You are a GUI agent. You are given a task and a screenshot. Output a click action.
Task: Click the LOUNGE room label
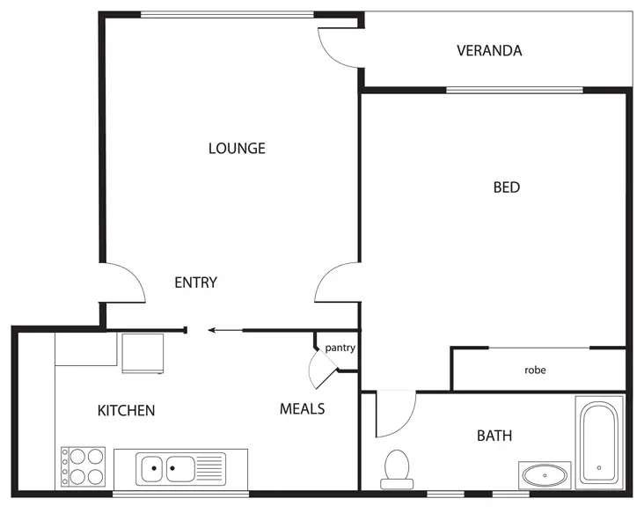(x=237, y=148)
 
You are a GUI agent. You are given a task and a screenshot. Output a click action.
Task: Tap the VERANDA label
(x=489, y=50)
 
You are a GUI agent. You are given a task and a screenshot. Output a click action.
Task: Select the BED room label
(x=506, y=187)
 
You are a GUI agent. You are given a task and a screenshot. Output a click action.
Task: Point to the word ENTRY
(x=195, y=282)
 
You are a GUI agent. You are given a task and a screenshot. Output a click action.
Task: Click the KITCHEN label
(x=126, y=410)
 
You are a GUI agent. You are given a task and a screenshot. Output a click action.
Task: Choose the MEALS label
(x=302, y=408)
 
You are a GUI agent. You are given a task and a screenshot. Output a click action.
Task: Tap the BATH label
(x=494, y=436)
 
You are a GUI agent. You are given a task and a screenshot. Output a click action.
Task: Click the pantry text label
(x=340, y=348)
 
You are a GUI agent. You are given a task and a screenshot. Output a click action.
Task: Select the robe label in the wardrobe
(x=535, y=370)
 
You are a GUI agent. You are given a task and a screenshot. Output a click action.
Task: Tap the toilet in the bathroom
(x=398, y=468)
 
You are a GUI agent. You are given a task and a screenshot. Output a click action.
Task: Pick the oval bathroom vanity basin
(x=544, y=476)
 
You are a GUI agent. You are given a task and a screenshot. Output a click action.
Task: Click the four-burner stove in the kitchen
(x=83, y=467)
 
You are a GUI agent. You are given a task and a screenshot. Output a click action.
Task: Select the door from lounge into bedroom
(x=336, y=282)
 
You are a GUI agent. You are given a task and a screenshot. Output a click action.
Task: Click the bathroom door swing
(x=394, y=414)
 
